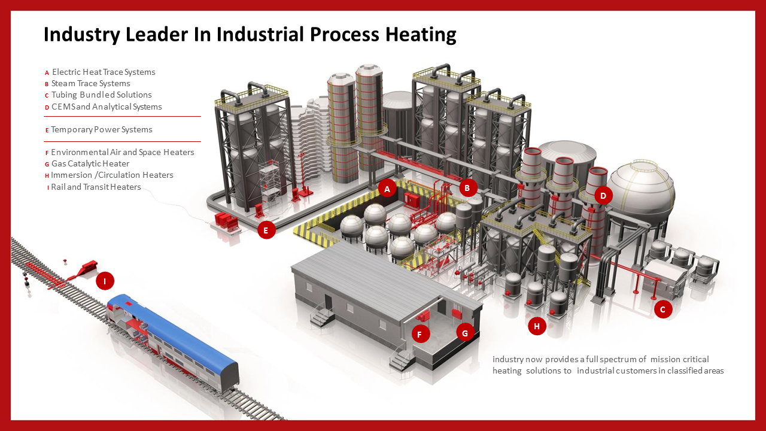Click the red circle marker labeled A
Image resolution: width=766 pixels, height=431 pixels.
[x=387, y=189]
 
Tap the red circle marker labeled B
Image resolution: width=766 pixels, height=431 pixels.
[x=468, y=188]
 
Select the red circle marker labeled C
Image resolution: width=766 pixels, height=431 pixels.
[x=662, y=309]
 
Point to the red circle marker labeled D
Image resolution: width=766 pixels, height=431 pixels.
[x=603, y=195]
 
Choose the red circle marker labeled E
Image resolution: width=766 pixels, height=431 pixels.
[x=266, y=230]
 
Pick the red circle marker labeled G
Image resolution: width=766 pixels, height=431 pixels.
[x=465, y=332]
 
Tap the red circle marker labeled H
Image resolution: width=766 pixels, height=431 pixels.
[x=537, y=326]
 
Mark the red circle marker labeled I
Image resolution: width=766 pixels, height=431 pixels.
[x=105, y=281]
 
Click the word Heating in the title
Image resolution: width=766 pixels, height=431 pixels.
[x=420, y=34]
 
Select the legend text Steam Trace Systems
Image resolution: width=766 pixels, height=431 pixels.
[x=90, y=84]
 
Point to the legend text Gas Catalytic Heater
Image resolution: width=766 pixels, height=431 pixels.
[x=90, y=164]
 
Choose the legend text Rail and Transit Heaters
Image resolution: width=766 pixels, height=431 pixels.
[x=96, y=187]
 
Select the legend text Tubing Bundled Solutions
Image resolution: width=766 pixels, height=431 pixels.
[x=101, y=95]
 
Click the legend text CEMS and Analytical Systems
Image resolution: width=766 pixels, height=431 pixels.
[x=107, y=107]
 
